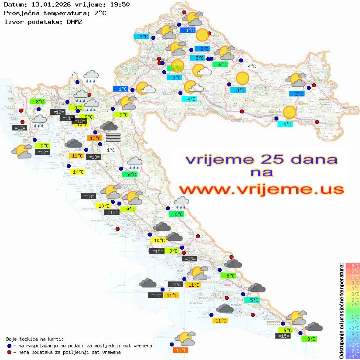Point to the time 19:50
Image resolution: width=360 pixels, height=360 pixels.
[120, 4]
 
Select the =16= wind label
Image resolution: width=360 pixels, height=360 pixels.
[176, 285]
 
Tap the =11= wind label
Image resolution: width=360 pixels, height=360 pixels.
[67, 118]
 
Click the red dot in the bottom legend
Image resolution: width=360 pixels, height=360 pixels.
[9, 352]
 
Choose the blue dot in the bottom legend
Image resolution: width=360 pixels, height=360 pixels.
[9, 346]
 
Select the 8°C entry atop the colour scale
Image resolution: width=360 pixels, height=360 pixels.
[352, 266]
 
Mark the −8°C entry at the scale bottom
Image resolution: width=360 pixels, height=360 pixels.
[352, 357]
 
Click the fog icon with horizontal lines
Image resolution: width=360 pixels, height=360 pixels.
[113, 137]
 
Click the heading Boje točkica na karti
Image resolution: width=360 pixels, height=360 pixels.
[35, 339]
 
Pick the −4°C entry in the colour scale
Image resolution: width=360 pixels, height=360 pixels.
[352, 334]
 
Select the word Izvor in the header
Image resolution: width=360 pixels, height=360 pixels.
[13, 21]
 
